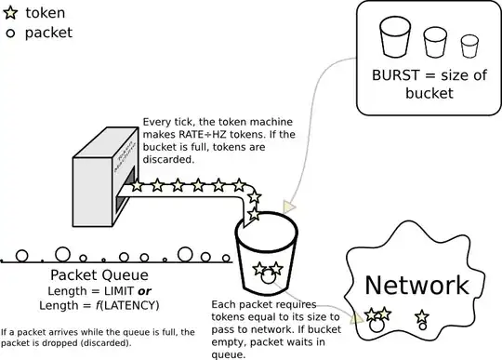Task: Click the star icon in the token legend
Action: (x=11, y=14)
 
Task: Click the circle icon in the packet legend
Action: (x=11, y=33)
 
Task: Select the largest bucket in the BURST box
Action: (x=394, y=38)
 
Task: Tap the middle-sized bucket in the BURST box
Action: (x=436, y=42)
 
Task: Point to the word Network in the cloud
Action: (x=416, y=285)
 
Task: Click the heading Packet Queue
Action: (x=99, y=275)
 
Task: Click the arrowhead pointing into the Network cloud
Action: (x=357, y=318)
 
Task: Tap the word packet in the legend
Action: (x=48, y=33)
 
